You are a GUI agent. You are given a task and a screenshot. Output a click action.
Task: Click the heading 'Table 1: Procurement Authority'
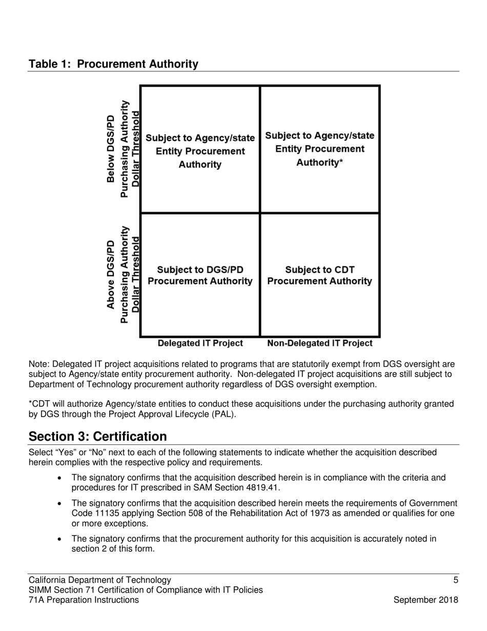(113, 64)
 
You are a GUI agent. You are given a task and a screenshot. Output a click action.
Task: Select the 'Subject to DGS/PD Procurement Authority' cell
(200, 275)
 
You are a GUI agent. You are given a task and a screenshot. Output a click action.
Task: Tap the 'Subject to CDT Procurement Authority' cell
(320, 275)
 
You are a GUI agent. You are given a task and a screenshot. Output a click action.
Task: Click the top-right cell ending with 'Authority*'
(320, 149)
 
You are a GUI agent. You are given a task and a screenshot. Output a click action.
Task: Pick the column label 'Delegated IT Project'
(200, 343)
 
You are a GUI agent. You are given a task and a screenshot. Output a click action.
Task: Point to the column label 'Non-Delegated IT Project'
(320, 343)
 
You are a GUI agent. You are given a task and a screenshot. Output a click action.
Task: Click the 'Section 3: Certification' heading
(97, 437)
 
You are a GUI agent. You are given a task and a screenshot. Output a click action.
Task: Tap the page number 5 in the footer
(456, 580)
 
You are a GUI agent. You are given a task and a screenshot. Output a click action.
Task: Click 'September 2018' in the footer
(425, 600)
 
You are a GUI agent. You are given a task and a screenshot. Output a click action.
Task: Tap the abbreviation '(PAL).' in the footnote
(224, 414)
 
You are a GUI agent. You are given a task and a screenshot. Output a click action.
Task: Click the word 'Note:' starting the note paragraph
(39, 364)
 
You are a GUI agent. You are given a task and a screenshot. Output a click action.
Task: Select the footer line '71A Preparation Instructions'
(84, 600)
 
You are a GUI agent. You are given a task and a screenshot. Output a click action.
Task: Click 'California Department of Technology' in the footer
(100, 580)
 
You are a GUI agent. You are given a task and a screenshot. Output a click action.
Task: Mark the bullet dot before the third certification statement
(61, 539)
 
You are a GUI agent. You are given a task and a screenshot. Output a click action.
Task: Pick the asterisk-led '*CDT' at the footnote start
(39, 404)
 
